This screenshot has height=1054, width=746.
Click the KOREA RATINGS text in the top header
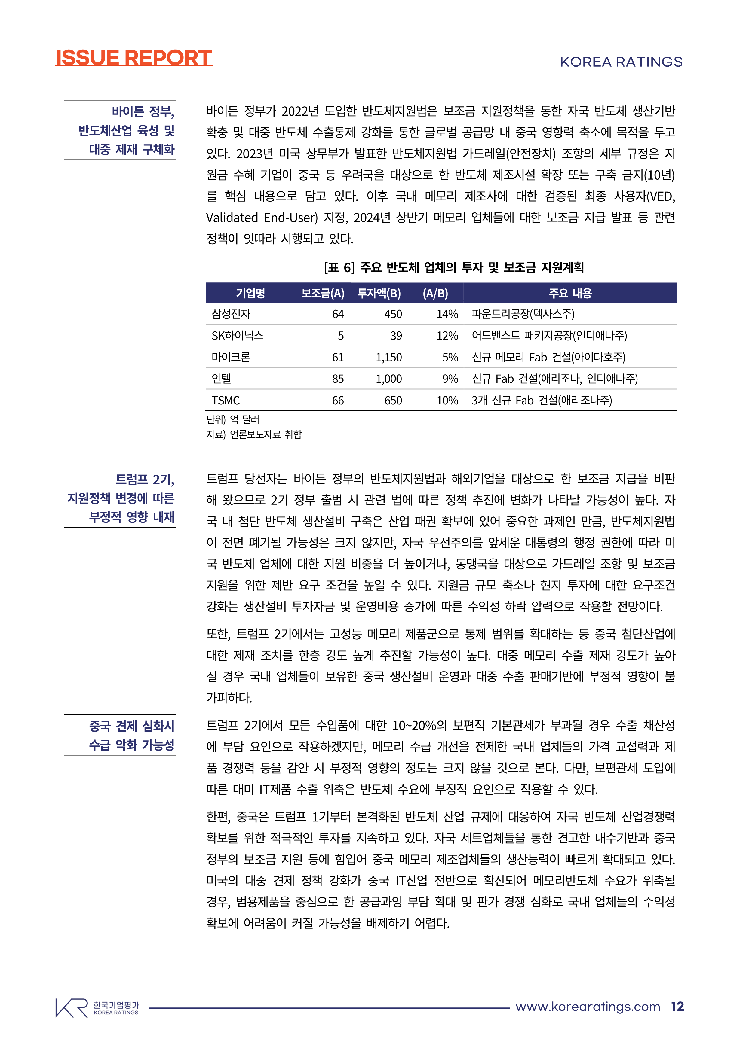[621, 62]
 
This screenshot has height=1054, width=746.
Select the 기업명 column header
[250, 293]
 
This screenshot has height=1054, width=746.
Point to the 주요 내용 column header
[570, 293]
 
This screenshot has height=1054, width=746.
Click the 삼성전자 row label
[231, 314]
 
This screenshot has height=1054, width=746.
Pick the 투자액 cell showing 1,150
[388, 357]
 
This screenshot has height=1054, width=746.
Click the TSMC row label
[226, 400]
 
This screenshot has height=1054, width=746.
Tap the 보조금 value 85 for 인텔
[338, 379]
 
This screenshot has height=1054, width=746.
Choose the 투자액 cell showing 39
[396, 336]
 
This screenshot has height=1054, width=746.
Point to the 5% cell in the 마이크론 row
[450, 357]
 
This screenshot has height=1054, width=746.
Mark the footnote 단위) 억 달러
[233, 419]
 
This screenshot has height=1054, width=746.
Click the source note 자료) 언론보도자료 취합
[254, 434]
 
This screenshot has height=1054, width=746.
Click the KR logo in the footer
[72, 1008]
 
